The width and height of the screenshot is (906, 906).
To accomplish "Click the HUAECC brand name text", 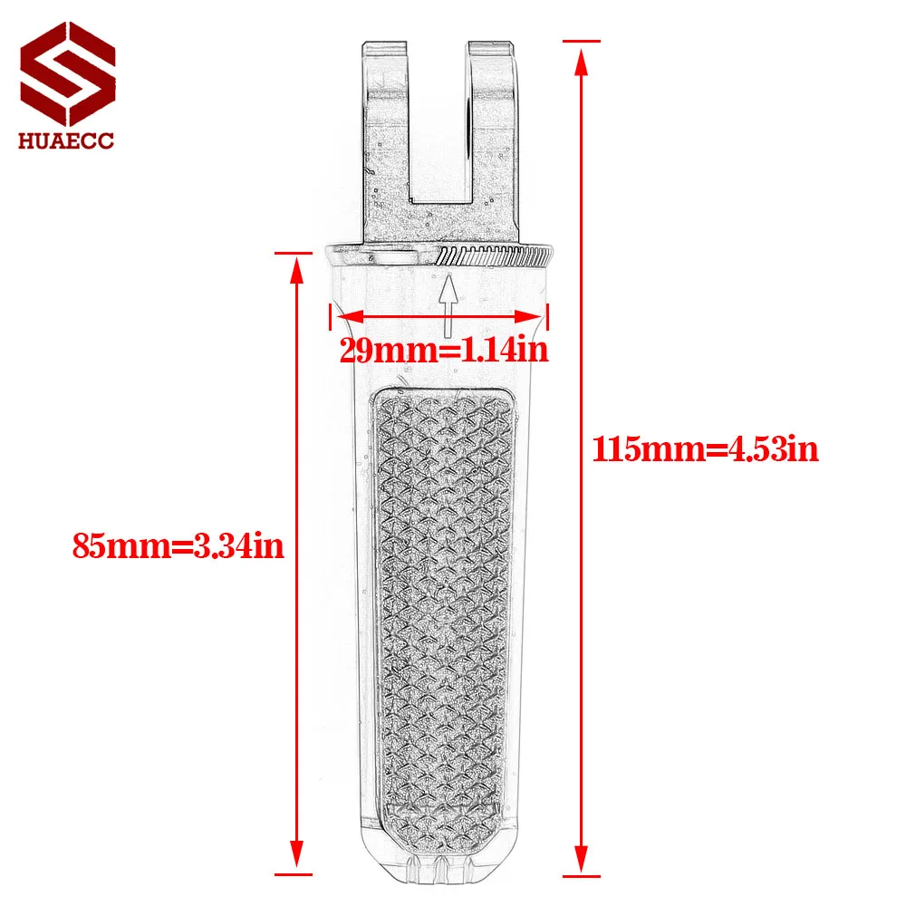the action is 66,140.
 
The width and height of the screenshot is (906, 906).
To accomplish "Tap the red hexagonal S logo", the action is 68,73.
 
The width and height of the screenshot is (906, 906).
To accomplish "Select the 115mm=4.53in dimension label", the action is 706,449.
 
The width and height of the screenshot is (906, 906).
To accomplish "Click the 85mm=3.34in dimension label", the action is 178,545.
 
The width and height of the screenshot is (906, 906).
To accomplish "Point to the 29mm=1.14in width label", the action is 444,350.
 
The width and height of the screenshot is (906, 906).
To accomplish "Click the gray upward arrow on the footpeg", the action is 448,304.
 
